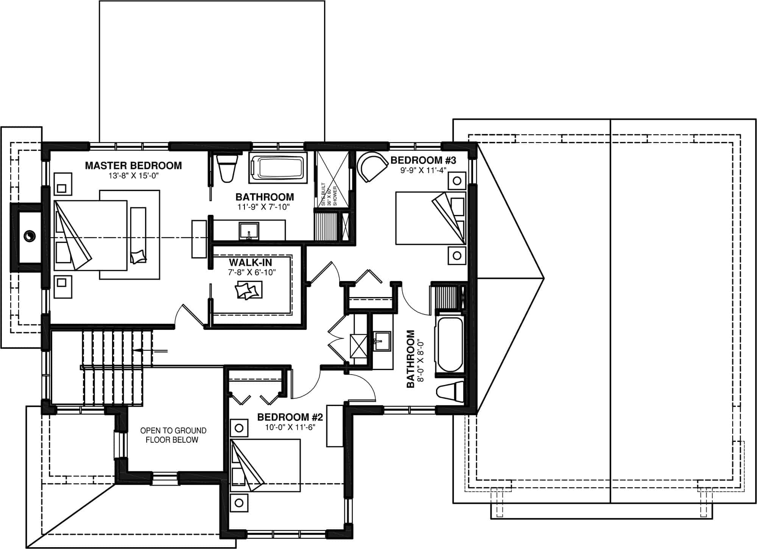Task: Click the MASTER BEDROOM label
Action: [133, 165]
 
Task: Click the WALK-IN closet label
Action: [250, 262]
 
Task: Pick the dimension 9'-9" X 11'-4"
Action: [423, 170]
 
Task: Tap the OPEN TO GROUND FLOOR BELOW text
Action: [173, 435]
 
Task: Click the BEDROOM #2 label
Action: [290, 417]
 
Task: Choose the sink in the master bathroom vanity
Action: [249, 231]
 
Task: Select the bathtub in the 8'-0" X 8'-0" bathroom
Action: [450, 344]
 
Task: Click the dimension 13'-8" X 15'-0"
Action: [133, 176]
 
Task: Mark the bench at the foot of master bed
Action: [138, 235]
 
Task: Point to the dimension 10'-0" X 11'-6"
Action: [290, 427]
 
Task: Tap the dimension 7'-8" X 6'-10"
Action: [250, 272]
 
